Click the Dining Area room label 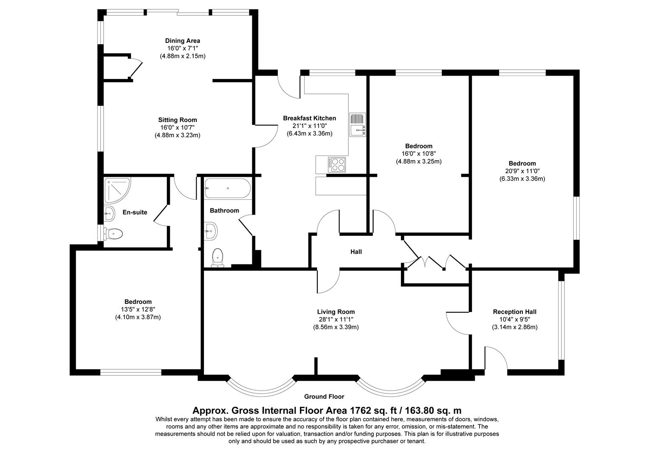point(183,41)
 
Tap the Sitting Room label point(178,120)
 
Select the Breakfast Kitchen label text point(309,118)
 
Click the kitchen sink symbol point(357,125)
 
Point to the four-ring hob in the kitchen point(336,164)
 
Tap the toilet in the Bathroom point(217,258)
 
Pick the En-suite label point(135,212)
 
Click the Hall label point(356,252)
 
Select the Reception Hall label point(514,312)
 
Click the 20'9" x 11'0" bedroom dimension point(522,171)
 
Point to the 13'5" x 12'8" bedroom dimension point(138,309)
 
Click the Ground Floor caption point(324,397)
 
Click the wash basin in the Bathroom point(211,232)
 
